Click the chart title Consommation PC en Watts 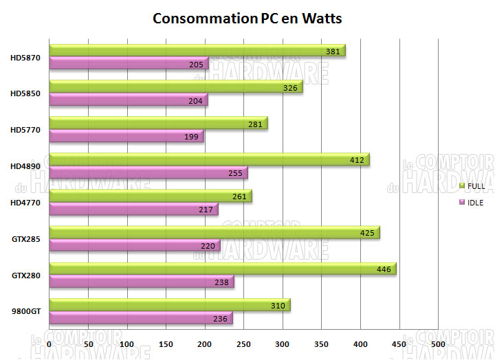tap(247, 18)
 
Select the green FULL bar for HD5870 tap(197, 51)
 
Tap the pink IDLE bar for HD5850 tap(128, 100)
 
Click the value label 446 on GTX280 tap(384, 269)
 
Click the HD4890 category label tap(25, 166)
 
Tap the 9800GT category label tap(27, 311)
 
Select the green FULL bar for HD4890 tap(209, 159)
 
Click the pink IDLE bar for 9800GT tap(140, 318)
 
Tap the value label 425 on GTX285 tap(367, 233)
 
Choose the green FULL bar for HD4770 tap(150, 196)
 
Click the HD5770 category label tap(25, 130)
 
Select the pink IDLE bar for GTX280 tap(141, 282)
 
